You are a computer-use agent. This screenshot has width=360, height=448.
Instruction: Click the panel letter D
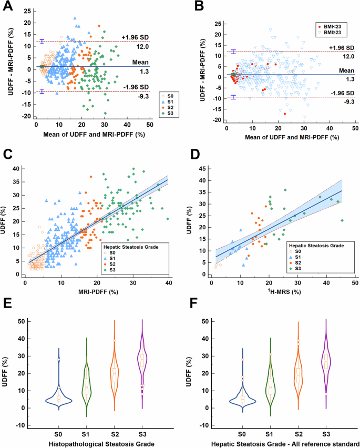(x=194, y=155)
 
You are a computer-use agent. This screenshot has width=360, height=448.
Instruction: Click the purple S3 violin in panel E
(x=140, y=368)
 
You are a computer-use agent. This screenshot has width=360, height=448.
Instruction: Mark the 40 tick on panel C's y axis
(x=17, y=168)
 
